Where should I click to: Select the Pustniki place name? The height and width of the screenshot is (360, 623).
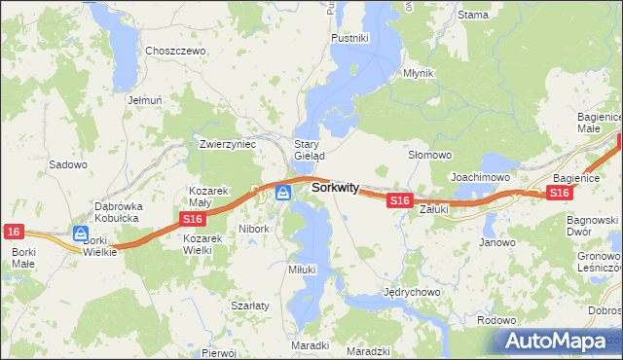(349, 38)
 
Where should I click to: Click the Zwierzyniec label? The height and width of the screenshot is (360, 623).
(227, 143)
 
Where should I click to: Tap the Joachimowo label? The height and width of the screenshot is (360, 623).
(480, 177)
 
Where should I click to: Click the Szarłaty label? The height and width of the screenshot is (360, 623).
(250, 305)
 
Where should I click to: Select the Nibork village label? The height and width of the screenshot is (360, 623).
(253, 230)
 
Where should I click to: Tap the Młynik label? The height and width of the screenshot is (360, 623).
(419, 73)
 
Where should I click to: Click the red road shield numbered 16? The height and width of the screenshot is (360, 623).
(13, 232)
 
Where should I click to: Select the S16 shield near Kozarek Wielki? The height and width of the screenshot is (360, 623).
(191, 222)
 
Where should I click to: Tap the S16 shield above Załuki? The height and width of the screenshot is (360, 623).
(398, 199)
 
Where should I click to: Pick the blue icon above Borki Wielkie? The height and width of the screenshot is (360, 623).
(81, 234)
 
